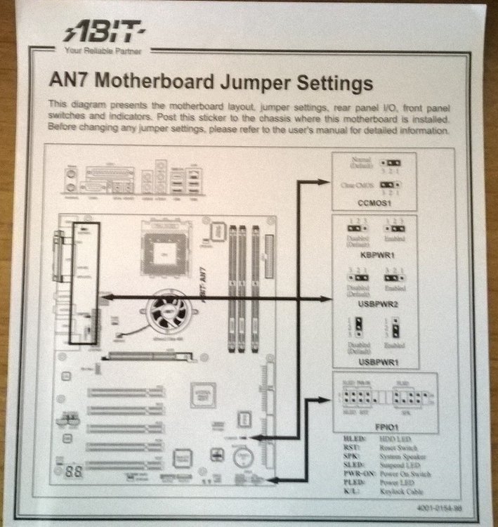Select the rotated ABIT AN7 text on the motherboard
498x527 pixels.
click(206, 286)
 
